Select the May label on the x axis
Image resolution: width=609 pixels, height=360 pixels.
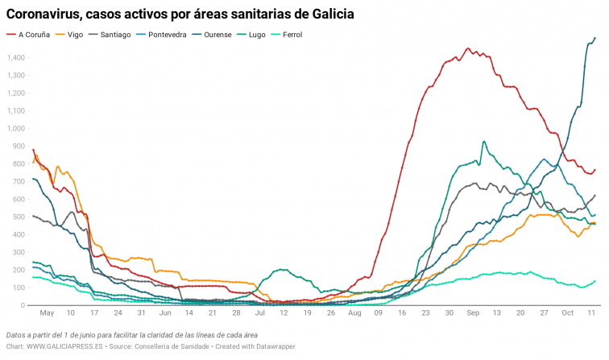click(47, 312)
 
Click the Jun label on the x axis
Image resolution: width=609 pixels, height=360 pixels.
click(165, 312)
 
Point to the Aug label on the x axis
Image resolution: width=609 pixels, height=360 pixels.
click(354, 312)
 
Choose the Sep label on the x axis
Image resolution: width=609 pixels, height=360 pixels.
click(473, 312)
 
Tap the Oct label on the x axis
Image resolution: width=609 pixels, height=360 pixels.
click(567, 312)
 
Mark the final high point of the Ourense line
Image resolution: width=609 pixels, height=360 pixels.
click(594, 38)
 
